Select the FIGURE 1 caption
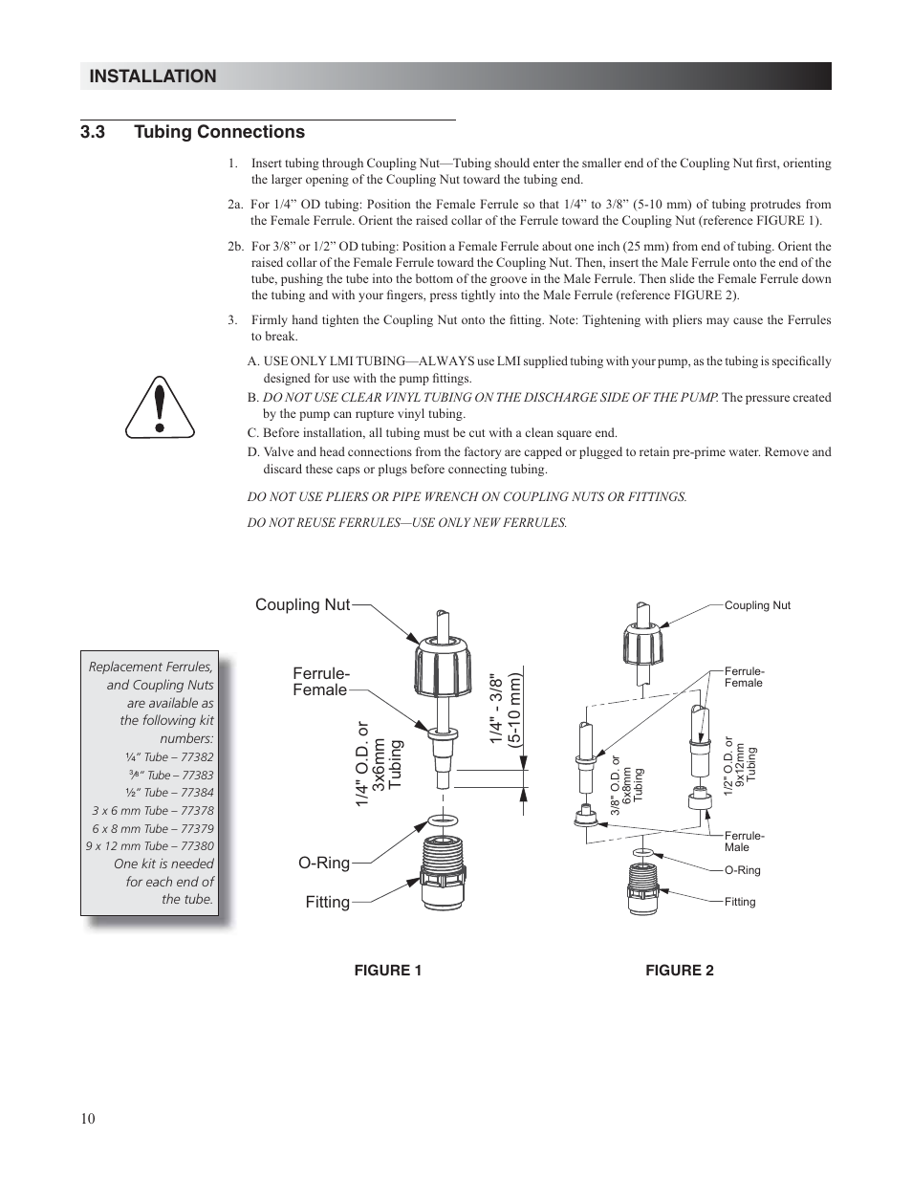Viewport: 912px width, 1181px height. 388,971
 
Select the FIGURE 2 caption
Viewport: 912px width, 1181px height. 679,971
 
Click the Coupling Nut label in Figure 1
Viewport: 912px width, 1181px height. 302,604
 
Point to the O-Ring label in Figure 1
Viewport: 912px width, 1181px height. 324,864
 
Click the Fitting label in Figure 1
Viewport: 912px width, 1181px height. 327,902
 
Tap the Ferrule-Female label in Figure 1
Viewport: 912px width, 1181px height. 320,682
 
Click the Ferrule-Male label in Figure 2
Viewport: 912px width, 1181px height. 744,842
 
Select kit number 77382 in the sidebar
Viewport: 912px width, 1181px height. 198,756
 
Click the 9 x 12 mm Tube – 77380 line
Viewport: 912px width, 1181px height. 150,845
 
